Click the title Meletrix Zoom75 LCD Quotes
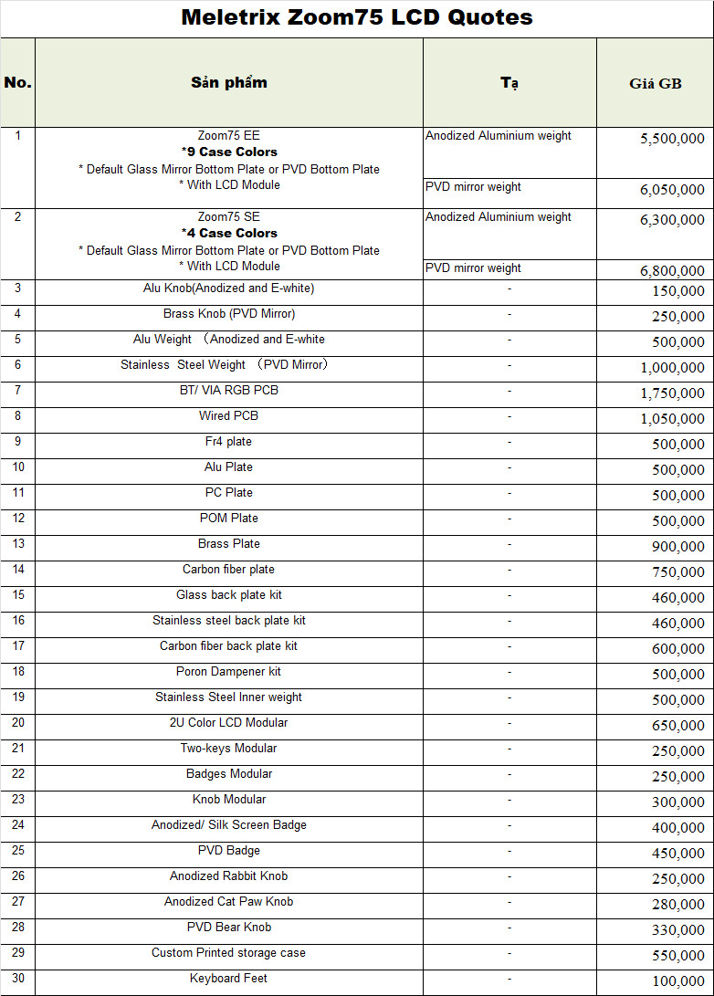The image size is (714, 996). click(357, 17)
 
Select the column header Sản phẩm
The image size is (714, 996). click(229, 82)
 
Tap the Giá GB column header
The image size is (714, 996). click(655, 83)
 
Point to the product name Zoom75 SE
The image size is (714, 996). click(229, 217)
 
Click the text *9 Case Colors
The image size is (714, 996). click(229, 152)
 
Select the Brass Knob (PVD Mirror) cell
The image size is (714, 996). click(229, 314)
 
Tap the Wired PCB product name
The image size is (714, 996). click(229, 416)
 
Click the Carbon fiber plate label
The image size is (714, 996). click(229, 570)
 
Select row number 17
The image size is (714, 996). click(17, 646)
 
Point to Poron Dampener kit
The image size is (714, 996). click(229, 672)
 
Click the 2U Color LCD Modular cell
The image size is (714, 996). click(229, 723)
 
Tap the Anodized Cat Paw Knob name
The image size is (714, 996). click(229, 902)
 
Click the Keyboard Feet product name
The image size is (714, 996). click(229, 979)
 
